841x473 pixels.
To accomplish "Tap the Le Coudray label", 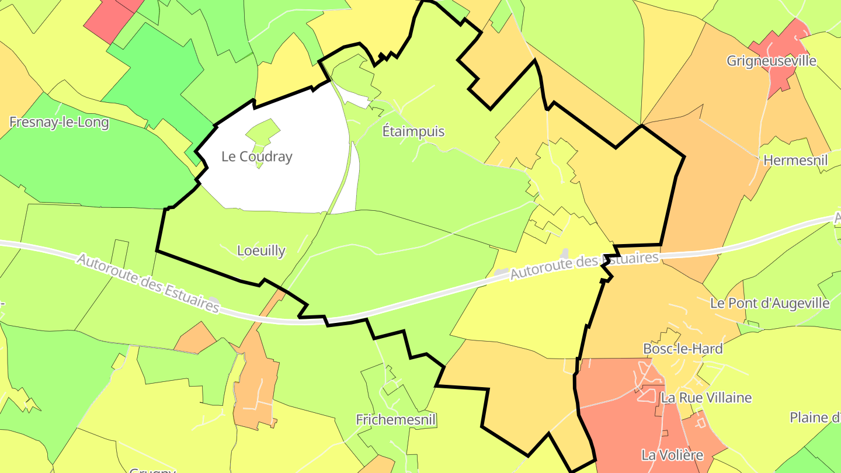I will pos(256,156).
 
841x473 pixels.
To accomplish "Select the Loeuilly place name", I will pos(261,251).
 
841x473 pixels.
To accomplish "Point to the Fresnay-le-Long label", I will pos(59,123).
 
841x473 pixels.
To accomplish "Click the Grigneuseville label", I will pos(771,61).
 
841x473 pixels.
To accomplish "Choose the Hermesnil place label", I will pos(795,160).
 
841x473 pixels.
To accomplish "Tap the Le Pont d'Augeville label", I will pos(769,303).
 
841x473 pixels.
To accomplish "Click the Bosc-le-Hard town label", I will pos(682,349).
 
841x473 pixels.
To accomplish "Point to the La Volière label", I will pos(672,454).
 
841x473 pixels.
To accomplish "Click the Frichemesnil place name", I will pos(396,419).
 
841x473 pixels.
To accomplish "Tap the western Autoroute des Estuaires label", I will pos(148,283).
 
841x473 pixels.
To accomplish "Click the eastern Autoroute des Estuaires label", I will pos(584,266).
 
